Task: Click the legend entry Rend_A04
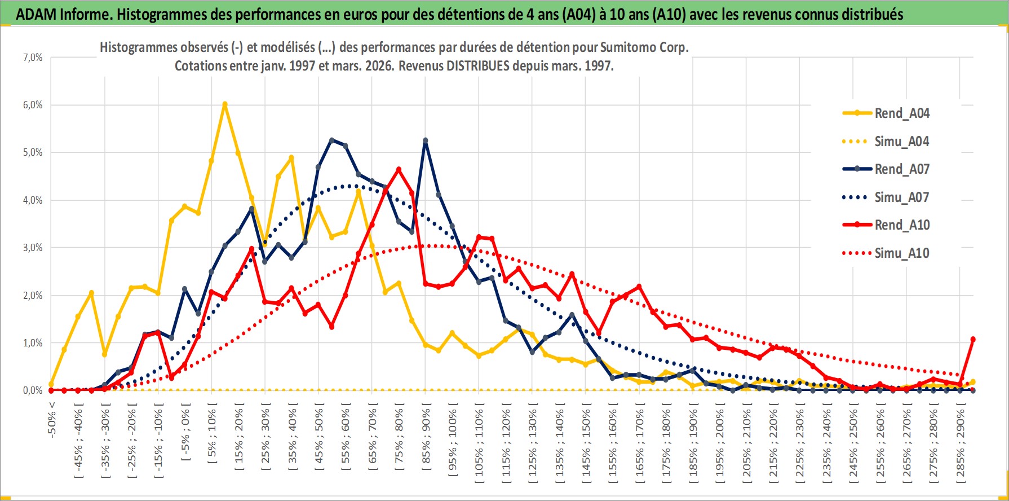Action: click(x=901, y=113)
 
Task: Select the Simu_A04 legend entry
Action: click(x=901, y=142)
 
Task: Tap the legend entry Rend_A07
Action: click(x=901, y=169)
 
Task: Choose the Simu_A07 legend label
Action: click(x=901, y=197)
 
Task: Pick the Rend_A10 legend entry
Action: click(x=901, y=225)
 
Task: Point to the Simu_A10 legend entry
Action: click(x=901, y=253)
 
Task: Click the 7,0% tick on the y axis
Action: click(x=32, y=58)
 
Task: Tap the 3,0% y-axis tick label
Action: click(x=32, y=248)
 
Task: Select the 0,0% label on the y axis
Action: click(x=32, y=390)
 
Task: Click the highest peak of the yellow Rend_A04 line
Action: click(x=225, y=104)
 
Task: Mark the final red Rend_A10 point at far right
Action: click(x=973, y=340)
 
